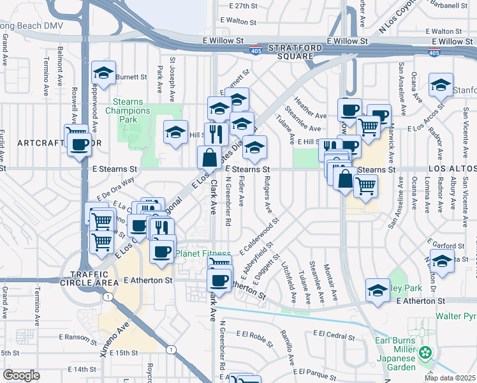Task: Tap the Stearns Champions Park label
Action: pos(134,110)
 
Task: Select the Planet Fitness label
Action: pos(204,253)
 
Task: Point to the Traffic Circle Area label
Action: pos(89,276)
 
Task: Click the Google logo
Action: pos(22,375)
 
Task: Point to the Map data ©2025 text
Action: pos(449,377)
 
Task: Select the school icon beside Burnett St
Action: pos(103,73)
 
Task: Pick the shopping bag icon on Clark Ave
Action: pos(210,156)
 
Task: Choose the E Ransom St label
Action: pos(78,336)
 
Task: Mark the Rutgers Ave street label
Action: pos(268,195)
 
